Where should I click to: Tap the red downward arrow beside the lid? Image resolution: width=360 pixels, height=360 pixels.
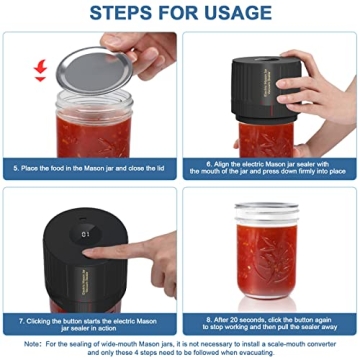[x=40, y=70]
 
